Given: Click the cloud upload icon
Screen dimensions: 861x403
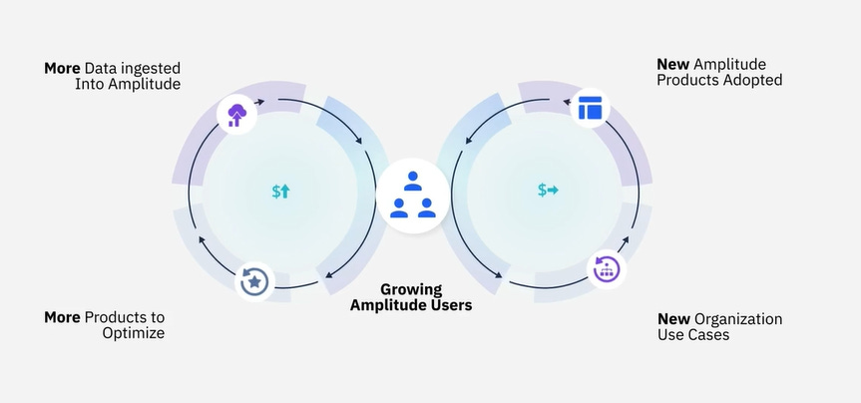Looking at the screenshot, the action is point(236,115).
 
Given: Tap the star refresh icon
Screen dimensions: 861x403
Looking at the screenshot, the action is point(254,282).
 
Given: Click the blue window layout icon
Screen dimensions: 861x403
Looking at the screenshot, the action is point(591,107).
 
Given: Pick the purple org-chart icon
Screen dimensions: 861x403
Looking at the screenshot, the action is point(606,268).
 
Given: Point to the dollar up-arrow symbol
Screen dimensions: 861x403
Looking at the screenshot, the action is point(280,191).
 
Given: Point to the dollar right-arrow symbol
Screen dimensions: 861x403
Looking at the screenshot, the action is point(548,190).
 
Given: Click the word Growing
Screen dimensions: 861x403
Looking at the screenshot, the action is point(411,288).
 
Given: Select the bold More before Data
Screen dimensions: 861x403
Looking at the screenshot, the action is point(62,69).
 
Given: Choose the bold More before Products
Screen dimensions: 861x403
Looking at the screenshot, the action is point(62,317).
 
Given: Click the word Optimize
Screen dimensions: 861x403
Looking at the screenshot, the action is point(133,333).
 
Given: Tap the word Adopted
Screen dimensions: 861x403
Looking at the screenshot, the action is point(752,80).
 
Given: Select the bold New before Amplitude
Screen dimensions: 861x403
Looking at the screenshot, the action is point(673,64).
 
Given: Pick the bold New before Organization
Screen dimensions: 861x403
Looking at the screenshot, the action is point(674,319).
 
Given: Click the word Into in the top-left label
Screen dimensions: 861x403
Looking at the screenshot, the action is point(90,85).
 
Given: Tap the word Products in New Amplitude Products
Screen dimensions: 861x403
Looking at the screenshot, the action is point(687,80).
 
